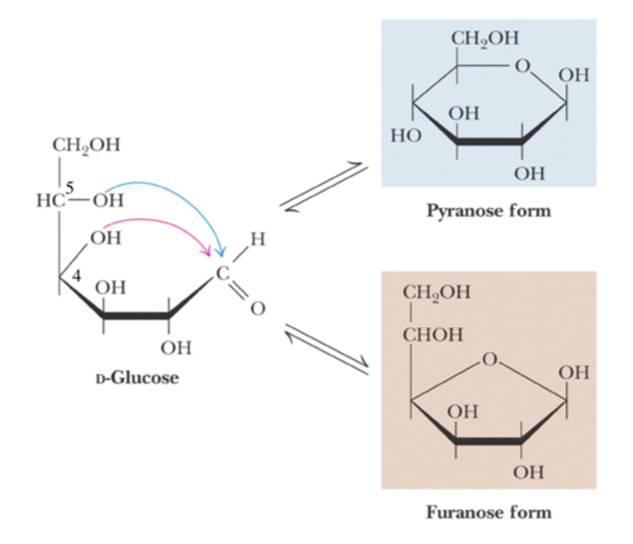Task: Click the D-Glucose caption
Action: pyautogui.click(x=137, y=378)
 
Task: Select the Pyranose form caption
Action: pyautogui.click(x=489, y=211)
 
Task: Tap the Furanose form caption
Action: pyautogui.click(x=489, y=513)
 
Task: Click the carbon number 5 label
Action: pyautogui.click(x=70, y=188)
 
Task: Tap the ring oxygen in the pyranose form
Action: pyautogui.click(x=523, y=66)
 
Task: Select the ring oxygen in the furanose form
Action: pyautogui.click(x=489, y=359)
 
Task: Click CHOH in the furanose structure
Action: pyautogui.click(x=432, y=335)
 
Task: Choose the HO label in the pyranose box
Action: pyautogui.click(x=406, y=136)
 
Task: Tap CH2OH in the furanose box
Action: pyautogui.click(x=436, y=293)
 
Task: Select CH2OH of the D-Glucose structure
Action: pyautogui.click(x=86, y=146)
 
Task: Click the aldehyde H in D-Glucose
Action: pyautogui.click(x=258, y=239)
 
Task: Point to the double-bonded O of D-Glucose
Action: pyautogui.click(x=258, y=308)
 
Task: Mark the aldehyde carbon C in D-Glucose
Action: pyautogui.click(x=223, y=273)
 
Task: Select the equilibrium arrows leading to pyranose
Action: pyautogui.click(x=324, y=187)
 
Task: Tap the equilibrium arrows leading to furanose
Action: pyautogui.click(x=327, y=349)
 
